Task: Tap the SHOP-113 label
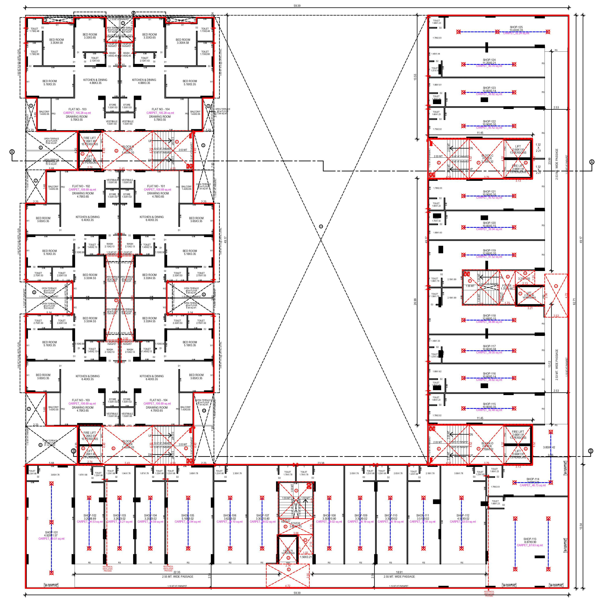click(x=529, y=539)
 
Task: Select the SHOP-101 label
click(x=51, y=532)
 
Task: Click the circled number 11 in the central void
click(x=321, y=226)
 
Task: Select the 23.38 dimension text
click(x=321, y=463)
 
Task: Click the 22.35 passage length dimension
click(x=177, y=572)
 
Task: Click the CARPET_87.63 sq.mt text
click(x=529, y=545)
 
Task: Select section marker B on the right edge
click(x=590, y=451)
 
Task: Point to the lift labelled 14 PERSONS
click(x=288, y=551)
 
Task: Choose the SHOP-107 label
click(x=262, y=515)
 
